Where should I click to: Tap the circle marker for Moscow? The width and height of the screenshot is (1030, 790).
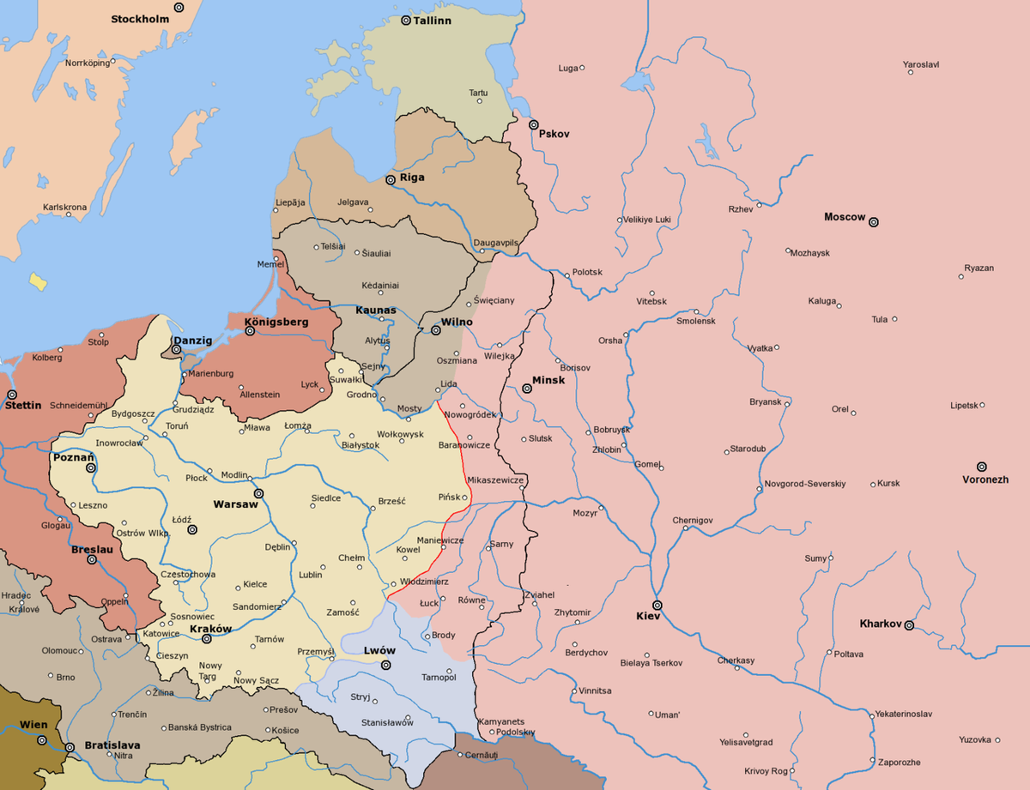[874, 221]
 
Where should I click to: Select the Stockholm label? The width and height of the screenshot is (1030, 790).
[138, 18]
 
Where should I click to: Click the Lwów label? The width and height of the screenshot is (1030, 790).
[379, 651]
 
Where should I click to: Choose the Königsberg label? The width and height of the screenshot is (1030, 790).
[276, 322]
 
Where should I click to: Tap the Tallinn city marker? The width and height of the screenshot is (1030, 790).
[406, 19]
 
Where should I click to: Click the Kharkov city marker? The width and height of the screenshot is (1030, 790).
[908, 624]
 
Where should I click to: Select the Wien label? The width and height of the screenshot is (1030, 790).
[33, 725]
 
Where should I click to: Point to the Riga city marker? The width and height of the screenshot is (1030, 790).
[391, 179]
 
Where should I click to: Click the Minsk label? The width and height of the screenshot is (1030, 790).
[548, 380]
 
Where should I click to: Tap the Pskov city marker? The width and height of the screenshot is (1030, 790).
[533, 125]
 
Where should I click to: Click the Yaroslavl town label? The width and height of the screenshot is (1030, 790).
[921, 64]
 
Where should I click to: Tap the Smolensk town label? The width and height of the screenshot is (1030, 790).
[695, 322]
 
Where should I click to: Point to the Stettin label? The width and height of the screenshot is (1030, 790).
[22, 405]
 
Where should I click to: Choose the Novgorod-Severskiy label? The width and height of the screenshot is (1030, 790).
[804, 484]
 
